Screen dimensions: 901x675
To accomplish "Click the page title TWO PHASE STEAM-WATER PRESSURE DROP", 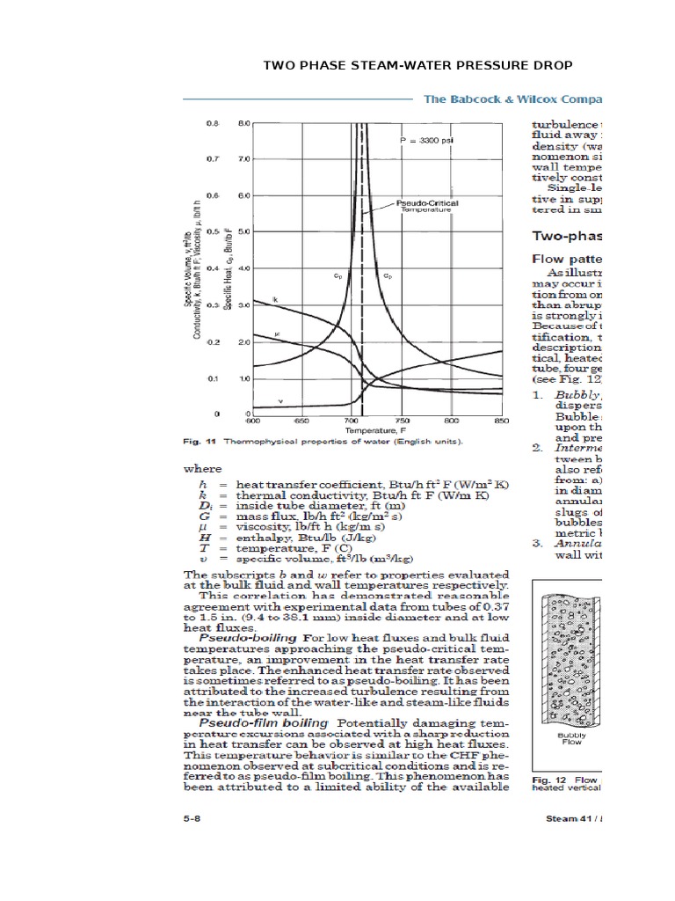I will (x=418, y=66).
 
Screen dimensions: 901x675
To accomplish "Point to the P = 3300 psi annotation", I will (x=425, y=139).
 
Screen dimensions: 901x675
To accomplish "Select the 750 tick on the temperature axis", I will (x=402, y=421).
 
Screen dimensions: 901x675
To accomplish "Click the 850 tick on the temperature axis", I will (x=502, y=421).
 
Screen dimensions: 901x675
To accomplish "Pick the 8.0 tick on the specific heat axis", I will (x=243, y=124).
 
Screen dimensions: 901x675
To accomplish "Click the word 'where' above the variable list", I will (x=202, y=469).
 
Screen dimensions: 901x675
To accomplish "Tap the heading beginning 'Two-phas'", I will (x=567, y=236).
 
